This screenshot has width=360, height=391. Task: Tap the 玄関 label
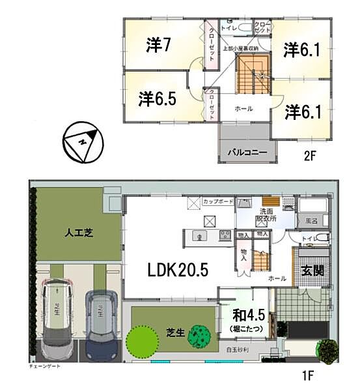pyautogui.click(x=310, y=269)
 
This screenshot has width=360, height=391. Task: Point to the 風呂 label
pyautogui.click(x=312, y=222)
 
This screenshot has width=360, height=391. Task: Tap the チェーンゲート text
pyautogui.click(x=46, y=368)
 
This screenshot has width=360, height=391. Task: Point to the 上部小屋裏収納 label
pyautogui.click(x=240, y=49)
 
